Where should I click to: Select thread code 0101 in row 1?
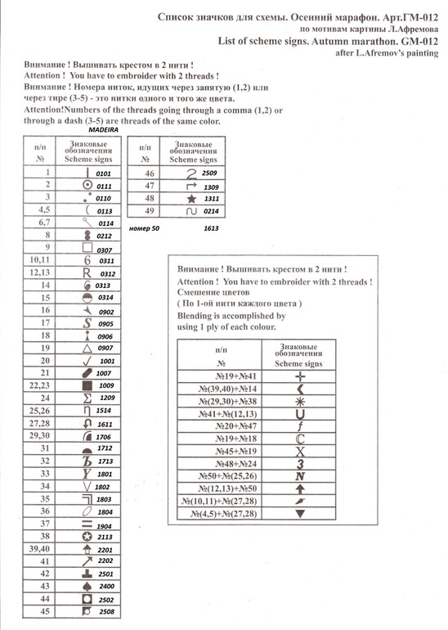point(103,174)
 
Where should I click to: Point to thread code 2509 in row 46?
point(210,174)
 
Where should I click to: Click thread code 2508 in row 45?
point(106,610)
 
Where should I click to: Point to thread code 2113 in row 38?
point(105,537)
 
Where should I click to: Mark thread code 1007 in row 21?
point(104,373)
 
